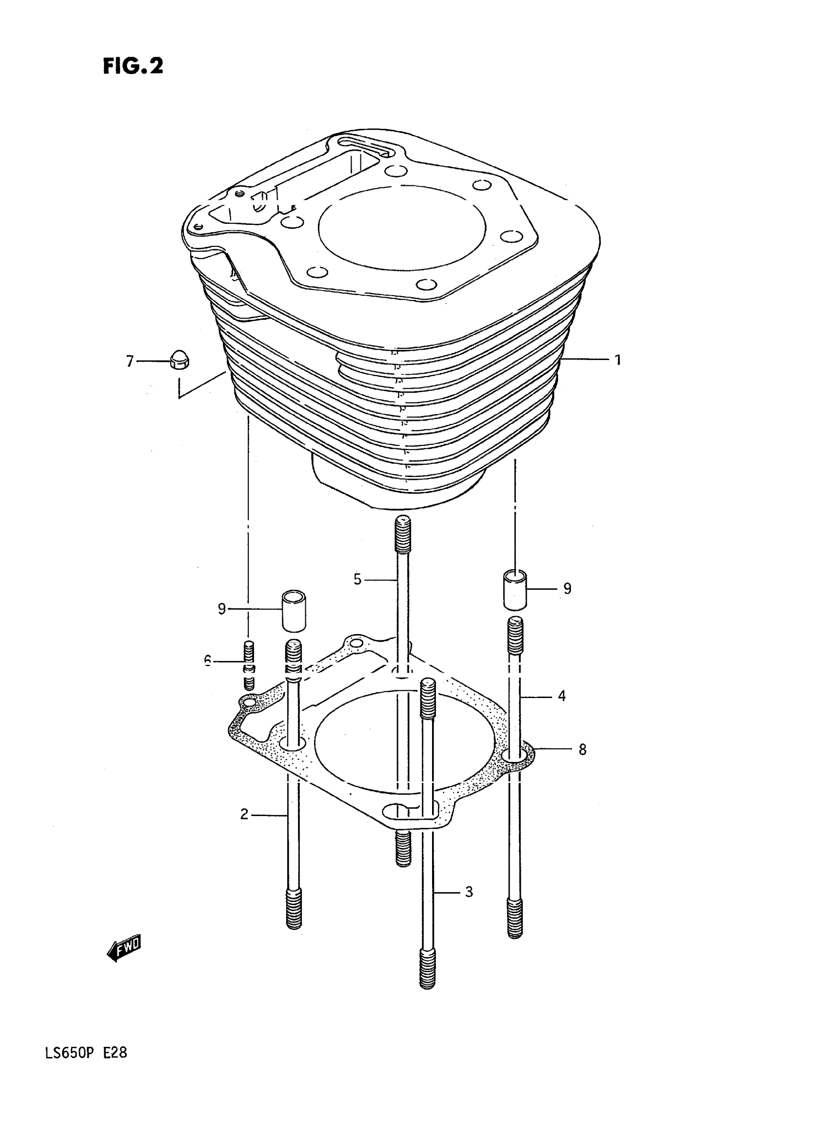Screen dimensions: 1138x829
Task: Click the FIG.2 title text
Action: (133, 66)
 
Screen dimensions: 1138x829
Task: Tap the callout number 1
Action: (618, 360)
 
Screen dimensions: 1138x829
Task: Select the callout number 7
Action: (130, 361)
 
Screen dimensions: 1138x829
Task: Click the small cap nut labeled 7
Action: (177, 360)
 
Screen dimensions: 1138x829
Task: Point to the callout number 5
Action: (357, 579)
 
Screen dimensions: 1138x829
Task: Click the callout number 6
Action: (208, 660)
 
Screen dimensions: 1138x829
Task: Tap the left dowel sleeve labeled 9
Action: (294, 610)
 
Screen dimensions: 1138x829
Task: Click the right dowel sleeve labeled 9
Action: (515, 589)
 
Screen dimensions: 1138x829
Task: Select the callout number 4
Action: (562, 696)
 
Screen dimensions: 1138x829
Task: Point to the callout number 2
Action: (244, 814)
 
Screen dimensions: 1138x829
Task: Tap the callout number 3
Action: (469, 892)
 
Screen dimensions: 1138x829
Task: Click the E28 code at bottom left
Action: (116, 1067)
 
